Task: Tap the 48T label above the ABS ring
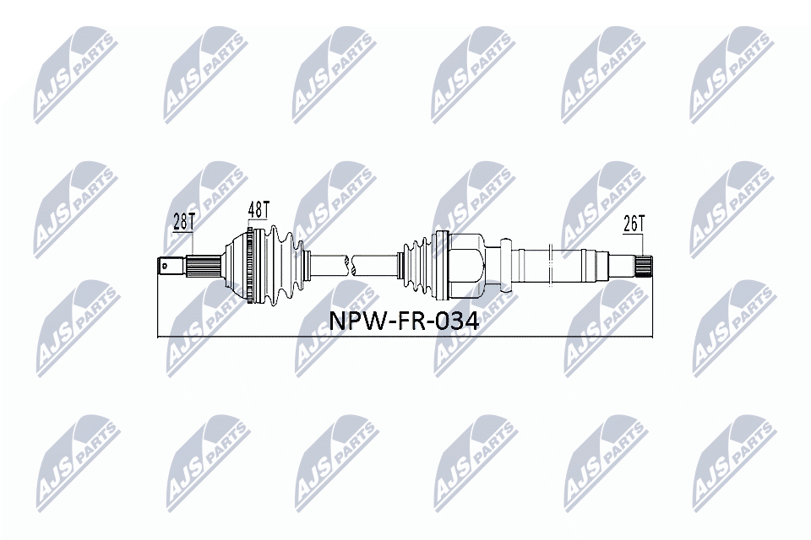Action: [259, 208]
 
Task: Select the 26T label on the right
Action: [634, 224]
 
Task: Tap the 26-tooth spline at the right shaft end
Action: [644, 267]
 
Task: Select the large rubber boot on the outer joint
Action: [279, 262]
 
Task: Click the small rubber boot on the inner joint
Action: [416, 263]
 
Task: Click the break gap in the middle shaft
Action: [352, 264]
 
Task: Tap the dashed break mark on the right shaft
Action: [549, 263]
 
